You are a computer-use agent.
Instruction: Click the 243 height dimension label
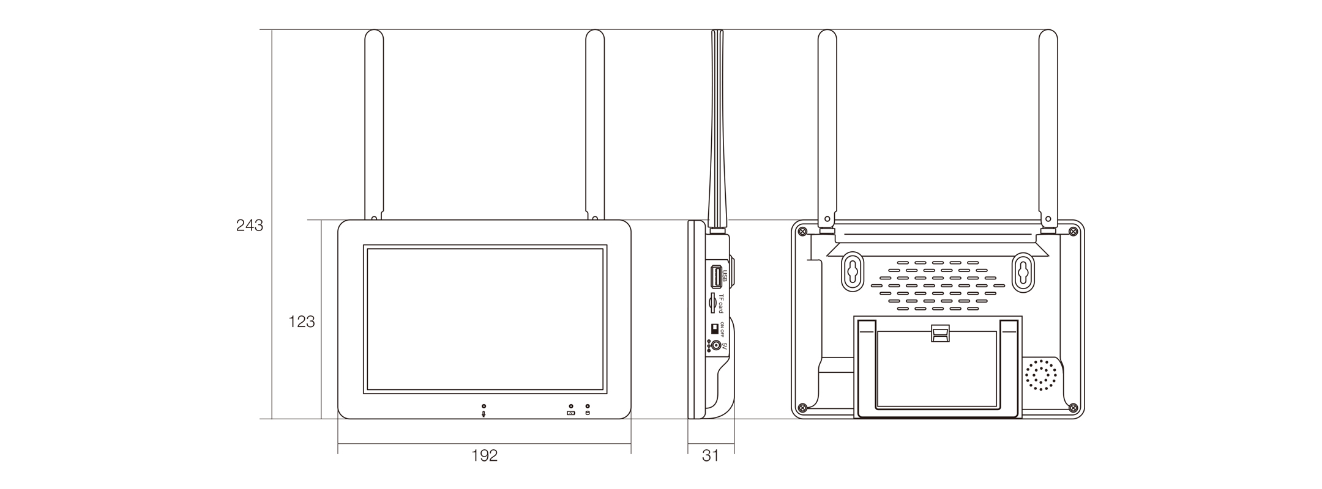(x=250, y=226)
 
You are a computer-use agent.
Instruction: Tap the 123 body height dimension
(x=301, y=322)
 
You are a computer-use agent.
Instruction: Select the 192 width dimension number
(x=484, y=455)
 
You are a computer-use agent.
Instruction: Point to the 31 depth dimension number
(x=710, y=455)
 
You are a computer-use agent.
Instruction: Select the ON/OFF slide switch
(x=714, y=328)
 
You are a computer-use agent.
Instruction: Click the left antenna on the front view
(x=374, y=125)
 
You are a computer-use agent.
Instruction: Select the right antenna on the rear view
(x=1048, y=128)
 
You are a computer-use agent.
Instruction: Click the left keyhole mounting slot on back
(x=851, y=271)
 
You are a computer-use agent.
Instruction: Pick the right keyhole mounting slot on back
(x=1022, y=271)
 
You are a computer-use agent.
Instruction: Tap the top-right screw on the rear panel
(x=1072, y=231)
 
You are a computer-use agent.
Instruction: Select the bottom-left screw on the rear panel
(x=803, y=408)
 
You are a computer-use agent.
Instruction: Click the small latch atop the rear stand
(x=940, y=333)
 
